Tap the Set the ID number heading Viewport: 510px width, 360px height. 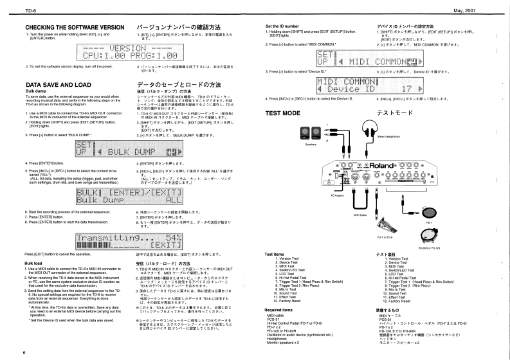click(286, 26)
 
